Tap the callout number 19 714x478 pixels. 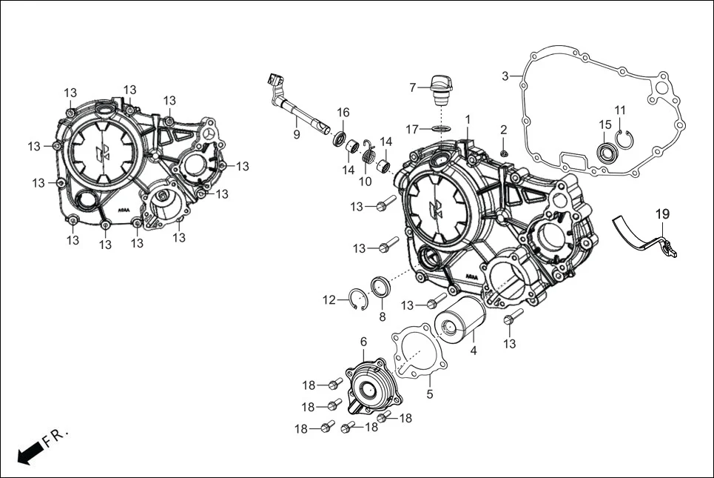(662, 213)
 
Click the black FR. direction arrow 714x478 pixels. (29, 451)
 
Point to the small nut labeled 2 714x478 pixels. (504, 153)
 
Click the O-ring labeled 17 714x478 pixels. (442, 129)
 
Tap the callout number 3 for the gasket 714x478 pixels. (505, 76)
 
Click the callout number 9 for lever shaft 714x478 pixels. (296, 134)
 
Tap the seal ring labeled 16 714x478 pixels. (340, 138)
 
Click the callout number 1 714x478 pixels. (468, 119)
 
